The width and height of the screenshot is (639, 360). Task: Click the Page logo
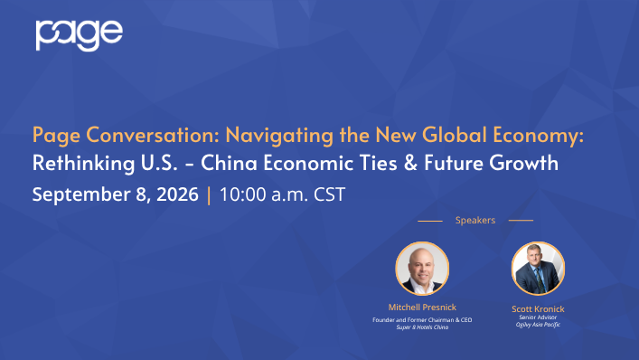79,35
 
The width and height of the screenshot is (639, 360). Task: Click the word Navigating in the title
279,136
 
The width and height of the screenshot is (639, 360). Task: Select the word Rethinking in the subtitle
83,163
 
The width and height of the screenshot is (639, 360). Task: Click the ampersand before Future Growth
410,163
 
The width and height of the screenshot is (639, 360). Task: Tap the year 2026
177,194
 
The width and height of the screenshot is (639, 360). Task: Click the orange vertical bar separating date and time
209,194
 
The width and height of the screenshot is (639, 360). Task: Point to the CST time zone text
329,194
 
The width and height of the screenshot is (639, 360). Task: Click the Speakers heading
475,220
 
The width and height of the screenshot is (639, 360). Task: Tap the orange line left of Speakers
430,221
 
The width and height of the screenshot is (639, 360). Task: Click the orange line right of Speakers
521,220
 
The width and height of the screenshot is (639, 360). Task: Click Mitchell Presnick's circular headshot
422,269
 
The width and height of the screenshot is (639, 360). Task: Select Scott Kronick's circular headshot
538,269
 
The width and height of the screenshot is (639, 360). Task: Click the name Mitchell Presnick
422,307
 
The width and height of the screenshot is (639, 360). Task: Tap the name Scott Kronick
538,309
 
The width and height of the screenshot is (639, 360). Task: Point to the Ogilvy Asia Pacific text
538,325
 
